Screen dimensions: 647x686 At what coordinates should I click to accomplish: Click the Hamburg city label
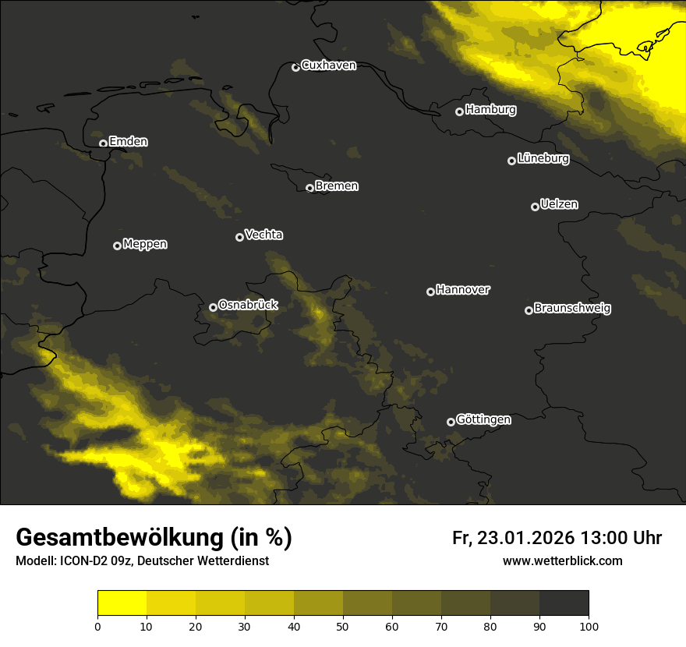click(490, 110)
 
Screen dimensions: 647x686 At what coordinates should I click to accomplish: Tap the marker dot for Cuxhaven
click(295, 67)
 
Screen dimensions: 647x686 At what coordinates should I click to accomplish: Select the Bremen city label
click(337, 186)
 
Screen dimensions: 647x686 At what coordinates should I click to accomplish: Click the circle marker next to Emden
click(103, 143)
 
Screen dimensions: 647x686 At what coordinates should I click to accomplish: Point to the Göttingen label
click(483, 420)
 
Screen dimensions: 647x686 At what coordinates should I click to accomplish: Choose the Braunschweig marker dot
click(529, 310)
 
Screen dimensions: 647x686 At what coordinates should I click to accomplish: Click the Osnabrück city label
click(248, 306)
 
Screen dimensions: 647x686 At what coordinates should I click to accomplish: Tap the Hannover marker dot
click(430, 292)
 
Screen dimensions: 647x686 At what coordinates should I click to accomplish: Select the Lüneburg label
click(543, 159)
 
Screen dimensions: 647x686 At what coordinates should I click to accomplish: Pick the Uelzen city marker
click(535, 207)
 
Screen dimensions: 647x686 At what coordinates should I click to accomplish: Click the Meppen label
click(145, 245)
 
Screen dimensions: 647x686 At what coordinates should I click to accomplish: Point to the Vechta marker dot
click(239, 237)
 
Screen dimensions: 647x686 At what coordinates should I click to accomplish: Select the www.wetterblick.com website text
click(562, 561)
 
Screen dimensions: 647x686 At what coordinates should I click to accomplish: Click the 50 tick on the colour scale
click(343, 625)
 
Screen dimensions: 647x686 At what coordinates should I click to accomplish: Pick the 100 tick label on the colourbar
click(589, 625)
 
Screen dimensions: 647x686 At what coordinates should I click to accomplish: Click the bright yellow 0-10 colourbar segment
click(122, 603)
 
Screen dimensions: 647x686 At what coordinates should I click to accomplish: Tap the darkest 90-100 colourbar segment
click(564, 603)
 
